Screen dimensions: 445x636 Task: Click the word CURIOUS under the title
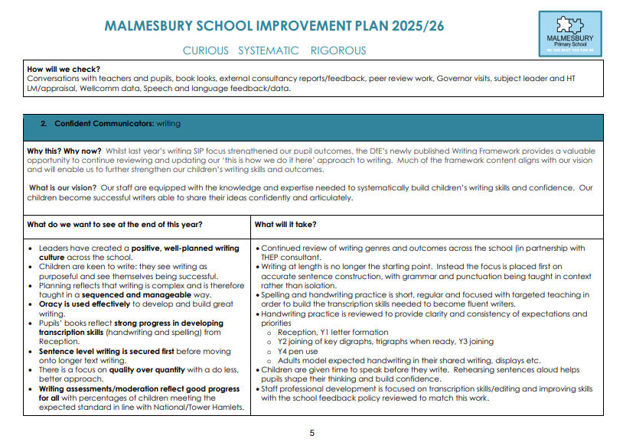[205, 50]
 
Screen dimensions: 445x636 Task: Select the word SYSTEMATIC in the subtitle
[268, 50]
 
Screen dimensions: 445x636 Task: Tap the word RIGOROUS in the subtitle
[338, 50]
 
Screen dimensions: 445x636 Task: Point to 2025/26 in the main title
[413, 25]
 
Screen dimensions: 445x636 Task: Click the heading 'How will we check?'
[63, 70]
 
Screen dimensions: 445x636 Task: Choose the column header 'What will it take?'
[285, 225]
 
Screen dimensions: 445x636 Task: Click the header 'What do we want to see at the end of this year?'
[115, 225]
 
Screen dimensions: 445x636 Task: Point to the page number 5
[311, 433]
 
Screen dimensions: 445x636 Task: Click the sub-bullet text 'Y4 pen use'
[299, 351]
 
